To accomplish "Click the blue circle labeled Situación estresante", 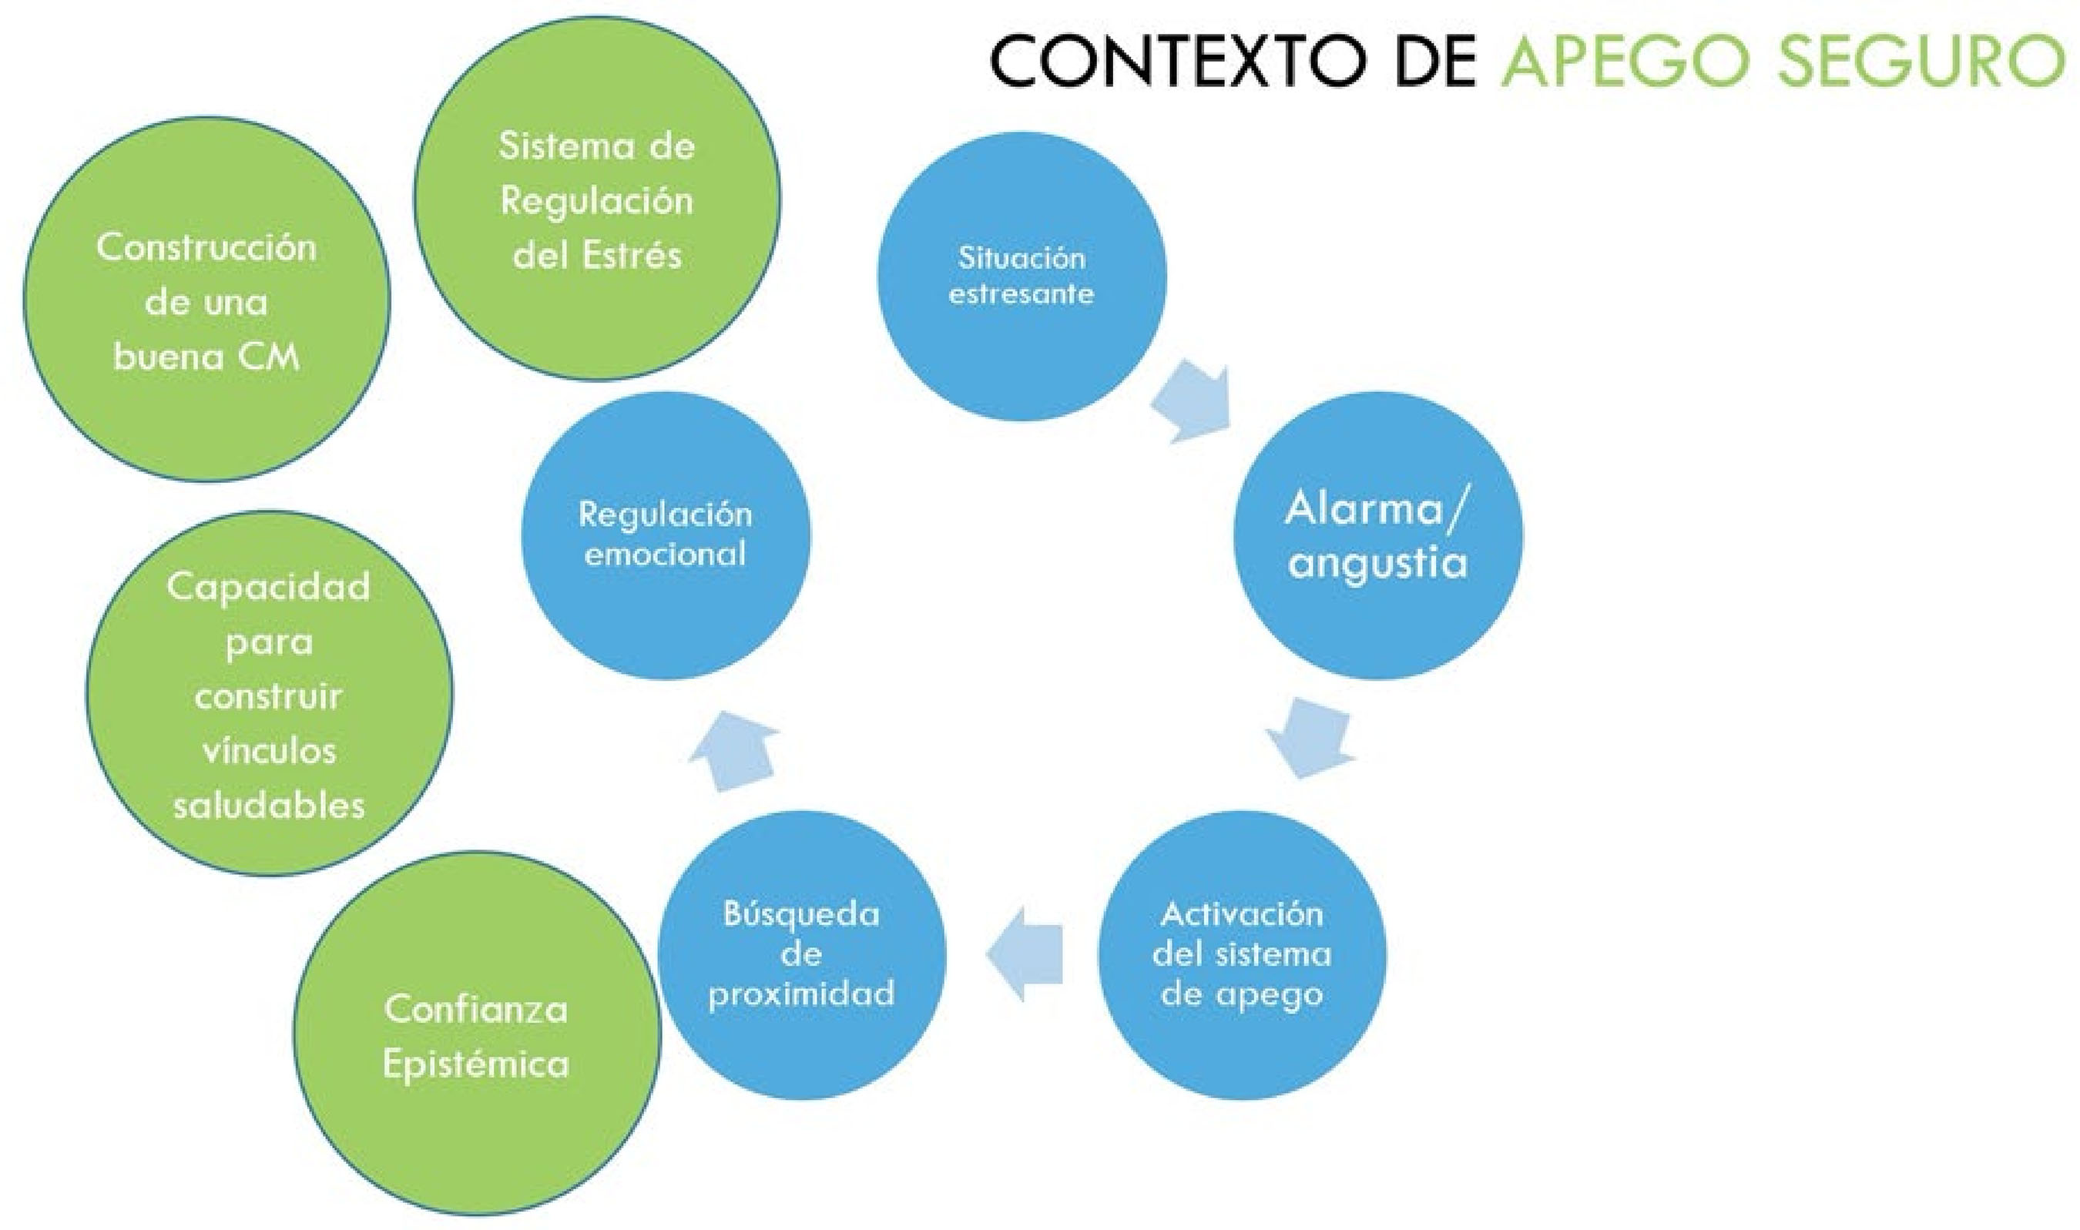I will [x=1022, y=276].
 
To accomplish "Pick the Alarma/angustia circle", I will [x=1378, y=535].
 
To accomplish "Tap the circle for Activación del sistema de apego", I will [x=1242, y=954].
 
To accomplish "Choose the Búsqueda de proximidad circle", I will [x=802, y=954].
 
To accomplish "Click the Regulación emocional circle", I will [x=666, y=535].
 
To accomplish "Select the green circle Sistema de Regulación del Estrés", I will [x=597, y=199].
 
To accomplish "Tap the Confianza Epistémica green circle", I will [x=477, y=1036].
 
